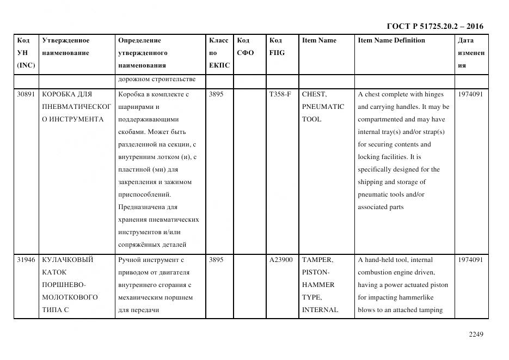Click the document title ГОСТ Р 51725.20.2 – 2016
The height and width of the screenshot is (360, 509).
[434, 26]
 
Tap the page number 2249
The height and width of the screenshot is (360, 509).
[476, 334]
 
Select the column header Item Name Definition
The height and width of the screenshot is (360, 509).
[391, 40]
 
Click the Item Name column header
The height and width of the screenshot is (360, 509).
[319, 40]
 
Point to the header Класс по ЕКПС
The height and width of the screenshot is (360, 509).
[219, 53]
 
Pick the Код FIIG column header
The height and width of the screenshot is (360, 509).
[277, 47]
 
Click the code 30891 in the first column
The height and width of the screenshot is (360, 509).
[26, 94]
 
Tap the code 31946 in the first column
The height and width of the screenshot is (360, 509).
[26, 260]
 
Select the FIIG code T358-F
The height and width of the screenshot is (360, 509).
[280, 94]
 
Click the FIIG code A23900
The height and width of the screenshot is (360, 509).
[281, 260]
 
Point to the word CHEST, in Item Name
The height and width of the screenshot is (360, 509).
[314, 94]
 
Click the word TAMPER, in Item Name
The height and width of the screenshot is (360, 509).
[317, 260]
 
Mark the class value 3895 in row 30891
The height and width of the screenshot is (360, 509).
[216, 94]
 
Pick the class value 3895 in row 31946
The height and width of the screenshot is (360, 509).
[216, 260]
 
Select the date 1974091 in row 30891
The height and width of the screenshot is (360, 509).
[470, 94]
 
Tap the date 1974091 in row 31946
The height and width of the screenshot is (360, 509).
[470, 260]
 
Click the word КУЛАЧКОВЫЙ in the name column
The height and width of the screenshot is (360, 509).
[68, 260]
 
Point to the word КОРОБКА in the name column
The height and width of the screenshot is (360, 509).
[58, 94]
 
